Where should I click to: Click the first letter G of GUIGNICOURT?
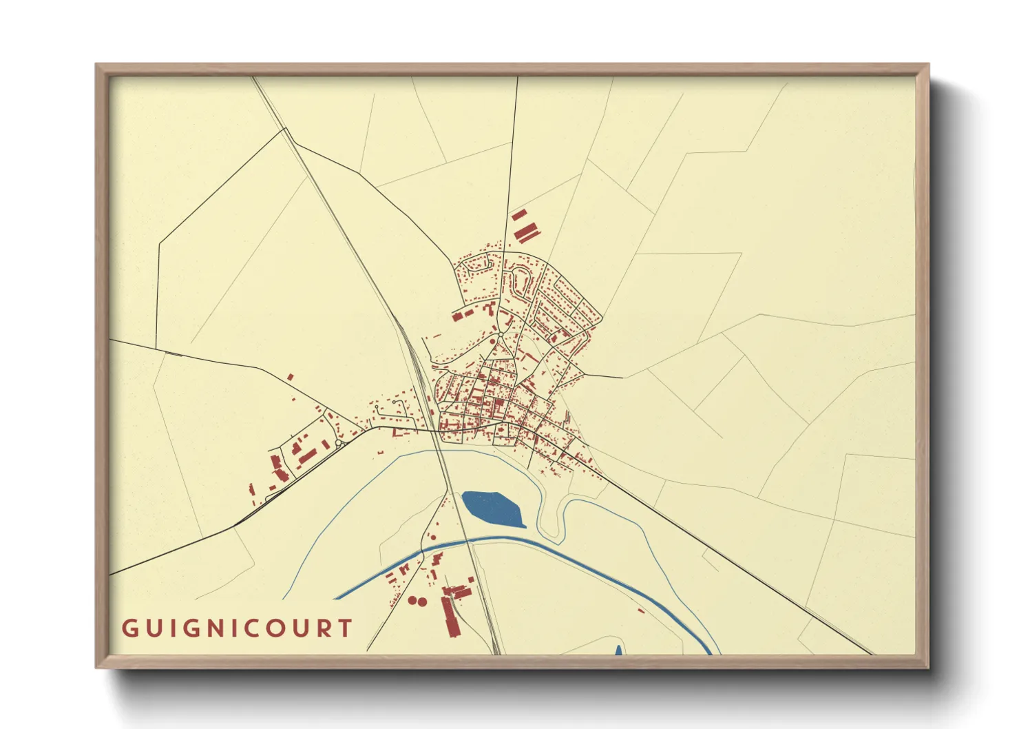click(129, 628)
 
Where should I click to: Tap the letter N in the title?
click(216, 628)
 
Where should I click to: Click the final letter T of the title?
click(346, 628)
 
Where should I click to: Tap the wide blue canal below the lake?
click(551, 548)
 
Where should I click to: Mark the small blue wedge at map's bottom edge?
click(618, 650)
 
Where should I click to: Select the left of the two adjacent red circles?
click(412, 600)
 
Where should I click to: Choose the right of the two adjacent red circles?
click(422, 602)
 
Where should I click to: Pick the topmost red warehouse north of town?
click(518, 215)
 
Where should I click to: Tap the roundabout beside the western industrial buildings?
click(339, 444)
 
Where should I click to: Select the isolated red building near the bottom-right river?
click(641, 610)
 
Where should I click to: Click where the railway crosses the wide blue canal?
click(470, 541)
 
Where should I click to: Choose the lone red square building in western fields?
click(290, 377)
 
